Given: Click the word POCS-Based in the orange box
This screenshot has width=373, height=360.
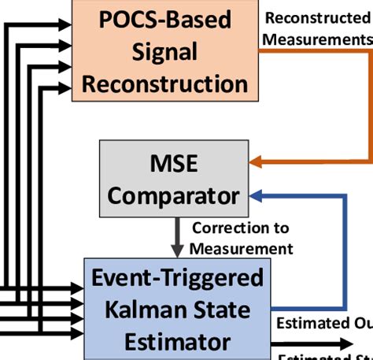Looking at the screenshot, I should click(165, 19).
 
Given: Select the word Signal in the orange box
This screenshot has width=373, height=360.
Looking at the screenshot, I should click(165, 51).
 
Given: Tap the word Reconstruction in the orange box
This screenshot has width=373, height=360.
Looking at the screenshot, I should click(165, 84).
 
